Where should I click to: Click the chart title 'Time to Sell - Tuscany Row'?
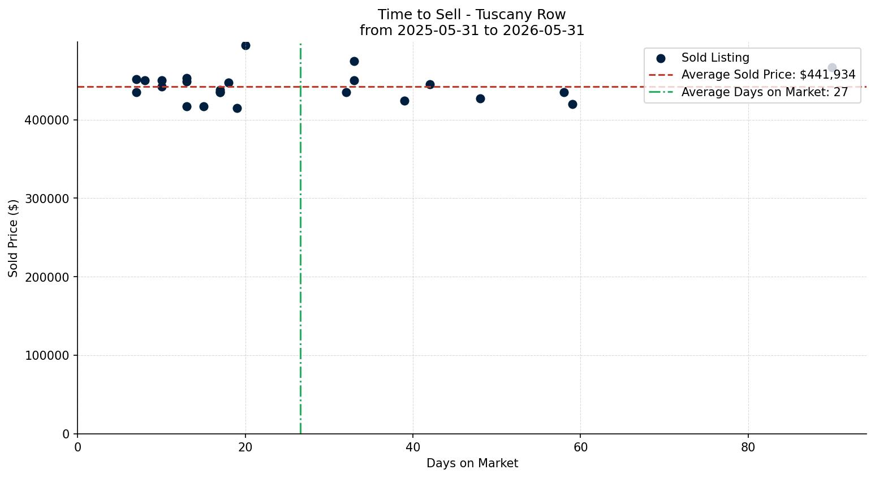(472, 15)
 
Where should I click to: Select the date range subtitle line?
(472, 31)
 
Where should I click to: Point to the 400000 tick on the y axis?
(47, 120)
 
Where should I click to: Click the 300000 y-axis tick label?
(47, 199)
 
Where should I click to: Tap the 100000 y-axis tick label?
(47, 355)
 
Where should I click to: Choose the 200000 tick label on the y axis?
(47, 277)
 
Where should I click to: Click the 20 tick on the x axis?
(245, 447)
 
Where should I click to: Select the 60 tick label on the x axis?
(580, 447)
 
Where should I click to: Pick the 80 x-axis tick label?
(748, 447)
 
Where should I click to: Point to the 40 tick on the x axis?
(413, 447)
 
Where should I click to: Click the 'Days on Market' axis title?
(472, 463)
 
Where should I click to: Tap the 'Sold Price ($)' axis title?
(13, 238)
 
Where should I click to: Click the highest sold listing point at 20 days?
(245, 45)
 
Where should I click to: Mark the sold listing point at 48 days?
(480, 99)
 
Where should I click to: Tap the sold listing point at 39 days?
(404, 101)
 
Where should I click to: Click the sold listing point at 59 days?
(572, 104)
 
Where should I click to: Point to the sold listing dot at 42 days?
(430, 84)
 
